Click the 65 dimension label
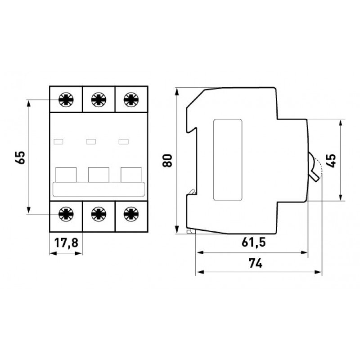click(20, 158)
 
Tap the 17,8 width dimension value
click(66, 243)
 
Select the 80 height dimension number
click(167, 161)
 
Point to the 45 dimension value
click(331, 161)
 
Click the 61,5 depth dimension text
click(253, 242)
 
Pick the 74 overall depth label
click(255, 263)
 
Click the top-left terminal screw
click(66, 99)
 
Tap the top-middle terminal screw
click(99, 99)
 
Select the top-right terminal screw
click(131, 99)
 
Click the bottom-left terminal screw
click(66, 214)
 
